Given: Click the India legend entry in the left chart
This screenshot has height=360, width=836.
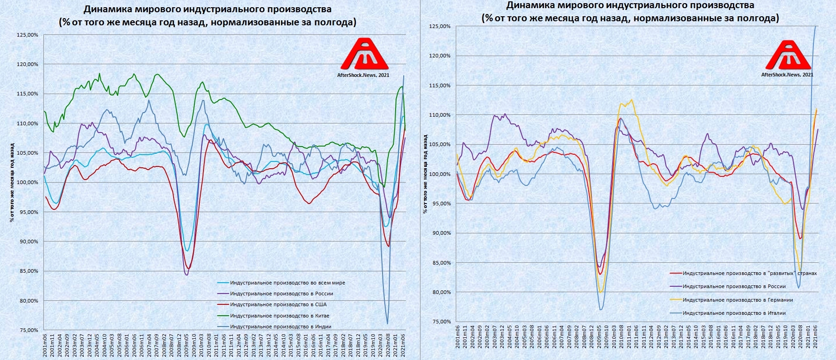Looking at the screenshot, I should point(280,327).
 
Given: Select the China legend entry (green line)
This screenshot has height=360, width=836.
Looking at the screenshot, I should point(279,316).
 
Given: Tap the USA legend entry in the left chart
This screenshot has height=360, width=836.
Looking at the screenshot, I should point(278,305).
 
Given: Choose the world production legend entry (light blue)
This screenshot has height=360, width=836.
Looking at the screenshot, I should point(287,283).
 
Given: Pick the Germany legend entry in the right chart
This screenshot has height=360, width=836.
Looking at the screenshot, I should point(737,300).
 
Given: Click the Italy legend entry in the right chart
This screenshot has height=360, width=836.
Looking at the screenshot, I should point(734,313).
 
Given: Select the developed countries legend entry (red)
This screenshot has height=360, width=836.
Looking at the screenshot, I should point(749,273).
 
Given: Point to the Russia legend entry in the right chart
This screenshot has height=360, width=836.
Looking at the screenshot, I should point(734,286).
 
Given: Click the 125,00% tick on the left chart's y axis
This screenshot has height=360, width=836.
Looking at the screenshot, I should point(28,35).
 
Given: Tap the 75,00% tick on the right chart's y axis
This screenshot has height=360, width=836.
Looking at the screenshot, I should point(440,322).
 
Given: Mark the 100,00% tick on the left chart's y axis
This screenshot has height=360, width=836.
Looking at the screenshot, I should point(28,182).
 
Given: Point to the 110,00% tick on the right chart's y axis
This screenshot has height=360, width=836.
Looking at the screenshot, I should point(440,115).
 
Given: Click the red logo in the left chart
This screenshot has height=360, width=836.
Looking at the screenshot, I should point(364,53).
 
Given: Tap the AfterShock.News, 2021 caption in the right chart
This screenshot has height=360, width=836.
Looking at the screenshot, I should point(787,75).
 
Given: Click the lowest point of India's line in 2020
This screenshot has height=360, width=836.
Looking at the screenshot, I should point(387,323).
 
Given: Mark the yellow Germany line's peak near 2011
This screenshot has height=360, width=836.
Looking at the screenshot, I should point(631,100).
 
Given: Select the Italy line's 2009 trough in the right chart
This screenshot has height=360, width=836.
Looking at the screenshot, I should point(600,309).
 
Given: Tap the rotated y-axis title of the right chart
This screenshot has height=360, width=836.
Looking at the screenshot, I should point(425,174).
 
